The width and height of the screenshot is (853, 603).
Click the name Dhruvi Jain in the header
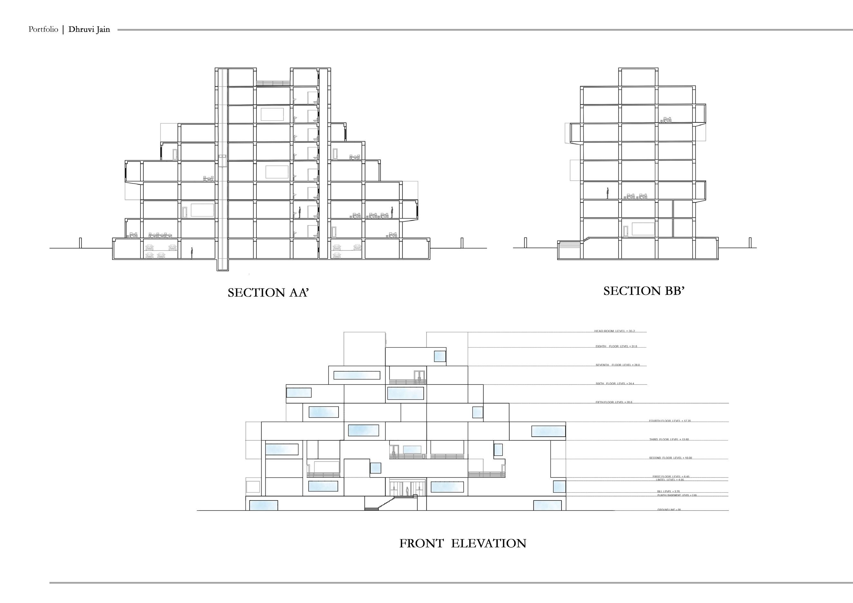89,30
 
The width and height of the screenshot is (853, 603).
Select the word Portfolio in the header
43,29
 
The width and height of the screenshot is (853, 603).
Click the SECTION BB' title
644,291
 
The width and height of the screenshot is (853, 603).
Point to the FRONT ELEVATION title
463,543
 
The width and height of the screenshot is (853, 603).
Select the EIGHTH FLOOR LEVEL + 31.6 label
616,346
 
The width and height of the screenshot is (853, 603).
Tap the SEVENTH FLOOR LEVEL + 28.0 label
618,365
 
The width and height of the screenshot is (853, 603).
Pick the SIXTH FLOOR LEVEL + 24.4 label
615,384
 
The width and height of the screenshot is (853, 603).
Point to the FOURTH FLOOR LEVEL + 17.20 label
670,421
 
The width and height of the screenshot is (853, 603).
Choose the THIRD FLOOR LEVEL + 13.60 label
669,439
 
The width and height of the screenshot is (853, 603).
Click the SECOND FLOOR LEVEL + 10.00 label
671,458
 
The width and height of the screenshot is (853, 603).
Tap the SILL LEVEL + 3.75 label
668,491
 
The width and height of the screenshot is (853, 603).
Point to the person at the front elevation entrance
407,491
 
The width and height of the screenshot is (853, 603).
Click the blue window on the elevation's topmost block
440,356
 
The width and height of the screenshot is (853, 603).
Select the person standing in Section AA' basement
192,253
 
